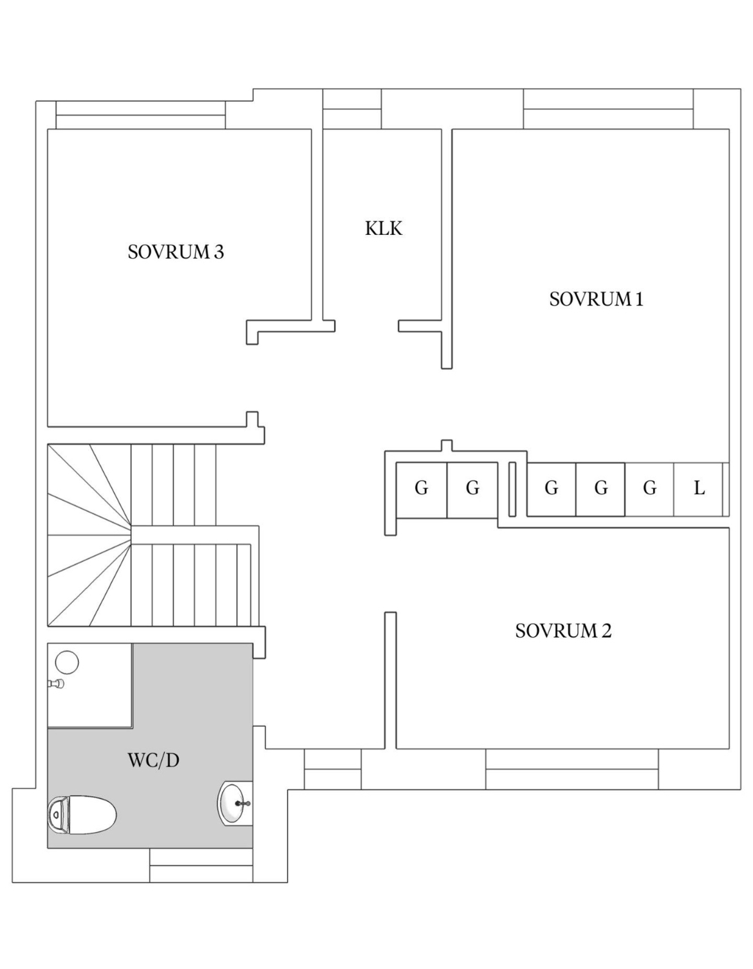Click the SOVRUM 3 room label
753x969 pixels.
176,252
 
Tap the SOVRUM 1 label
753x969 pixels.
596,299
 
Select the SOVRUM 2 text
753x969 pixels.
563,631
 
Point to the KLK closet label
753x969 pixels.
384,228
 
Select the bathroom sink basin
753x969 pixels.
235,804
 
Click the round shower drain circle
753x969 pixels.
68,662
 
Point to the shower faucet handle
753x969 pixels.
56,683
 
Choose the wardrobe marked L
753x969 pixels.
698,489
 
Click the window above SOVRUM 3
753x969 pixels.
140,115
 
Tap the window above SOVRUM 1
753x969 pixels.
608,109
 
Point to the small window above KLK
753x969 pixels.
352,109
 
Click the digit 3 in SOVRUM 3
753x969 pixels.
218,252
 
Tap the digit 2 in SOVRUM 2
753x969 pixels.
607,631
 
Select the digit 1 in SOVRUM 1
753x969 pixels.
640,299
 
